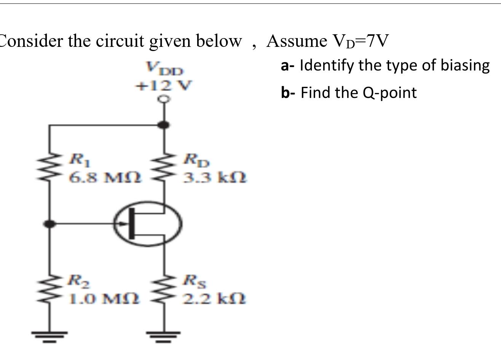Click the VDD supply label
pos(164,70)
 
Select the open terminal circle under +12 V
pos(164,99)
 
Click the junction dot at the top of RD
pos(164,125)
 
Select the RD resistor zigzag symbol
pos(164,168)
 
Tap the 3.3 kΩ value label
pos(215,177)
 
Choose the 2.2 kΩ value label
pos(215,298)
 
